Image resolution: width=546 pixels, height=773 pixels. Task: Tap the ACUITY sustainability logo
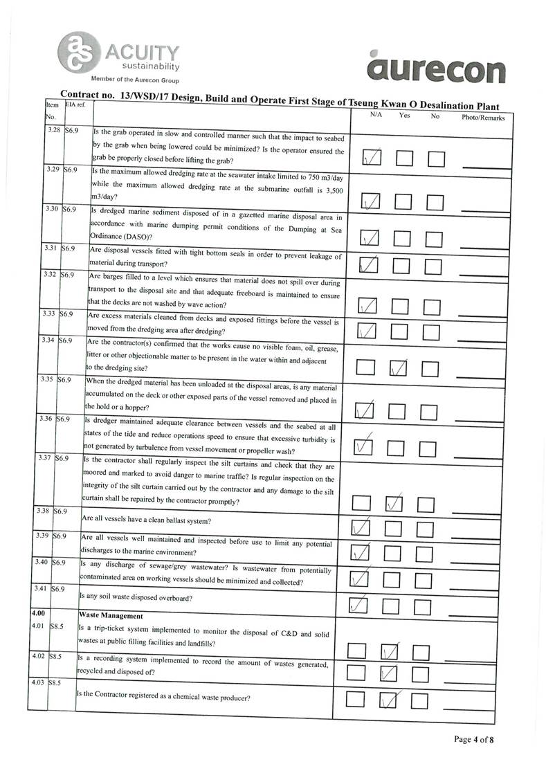tap(122, 57)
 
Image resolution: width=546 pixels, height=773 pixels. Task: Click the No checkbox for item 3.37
tap(426, 505)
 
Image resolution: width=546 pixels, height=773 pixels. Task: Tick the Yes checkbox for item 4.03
tap(390, 700)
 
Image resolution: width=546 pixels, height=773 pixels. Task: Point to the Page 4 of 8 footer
tap(474, 739)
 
